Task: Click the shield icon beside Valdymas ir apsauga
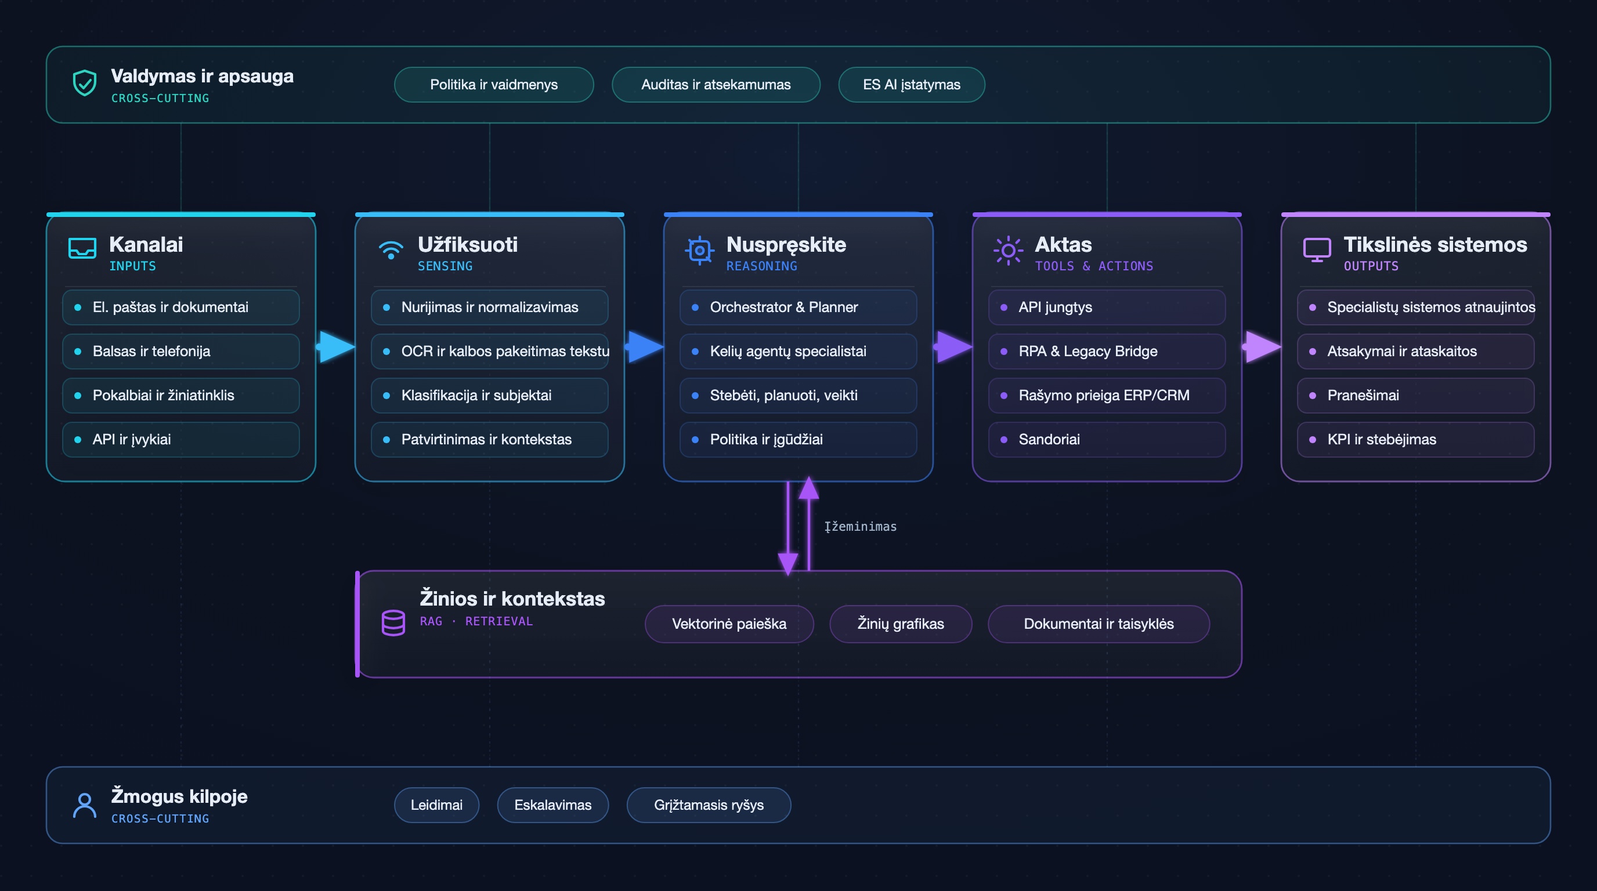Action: tap(84, 83)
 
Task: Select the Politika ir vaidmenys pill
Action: tap(493, 84)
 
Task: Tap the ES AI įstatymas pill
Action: tap(911, 84)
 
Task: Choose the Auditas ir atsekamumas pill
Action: tap(716, 84)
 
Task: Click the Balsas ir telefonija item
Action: tap(180, 352)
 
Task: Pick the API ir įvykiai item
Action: tap(180, 439)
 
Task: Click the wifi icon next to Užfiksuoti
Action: tap(391, 249)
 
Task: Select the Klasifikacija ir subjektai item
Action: tap(489, 395)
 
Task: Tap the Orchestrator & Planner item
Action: tap(798, 307)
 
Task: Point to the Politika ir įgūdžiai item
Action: tap(798, 439)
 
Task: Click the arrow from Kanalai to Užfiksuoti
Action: tap(335, 346)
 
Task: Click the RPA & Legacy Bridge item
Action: tap(1107, 352)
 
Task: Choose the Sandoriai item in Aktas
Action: tap(1107, 439)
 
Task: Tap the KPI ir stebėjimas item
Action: tap(1415, 439)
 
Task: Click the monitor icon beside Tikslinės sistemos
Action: tap(1317, 249)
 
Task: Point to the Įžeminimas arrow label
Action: tap(860, 527)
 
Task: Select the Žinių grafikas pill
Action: tap(900, 624)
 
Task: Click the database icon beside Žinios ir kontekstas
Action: tap(393, 622)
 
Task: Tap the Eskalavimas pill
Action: tap(552, 805)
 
